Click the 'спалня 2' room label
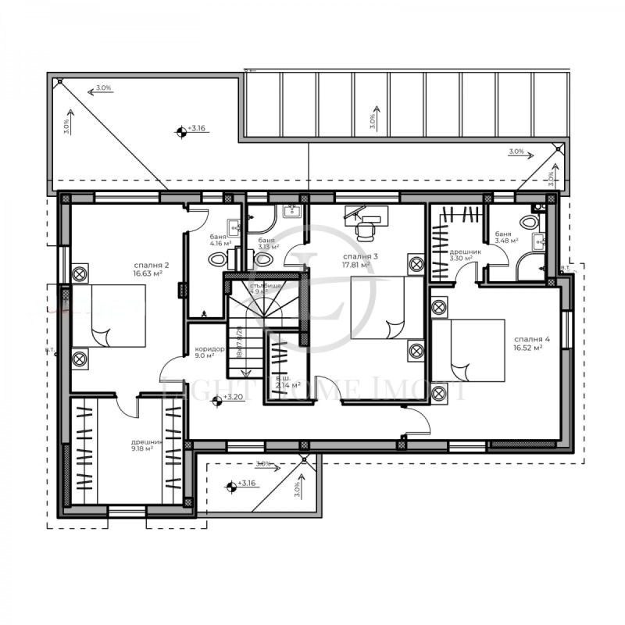[x=148, y=266]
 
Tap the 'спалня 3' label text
[x=361, y=256]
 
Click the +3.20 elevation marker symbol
[x=217, y=401]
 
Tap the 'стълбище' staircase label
[x=266, y=286]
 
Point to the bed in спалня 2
[x=109, y=316]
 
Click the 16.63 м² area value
[x=148, y=274]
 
